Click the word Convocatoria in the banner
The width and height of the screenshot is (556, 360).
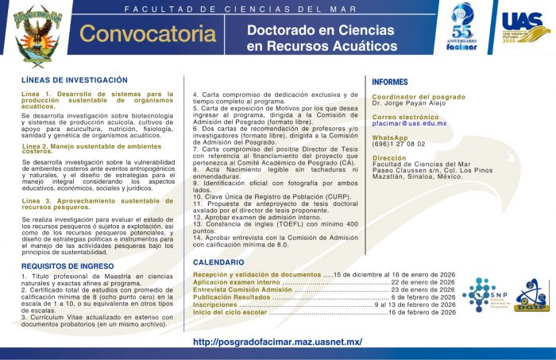[141, 35]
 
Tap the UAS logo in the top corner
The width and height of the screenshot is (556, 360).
[525, 31]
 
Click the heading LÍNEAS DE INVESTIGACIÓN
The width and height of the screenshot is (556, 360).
[75, 81]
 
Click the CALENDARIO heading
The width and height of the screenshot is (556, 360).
[218, 262]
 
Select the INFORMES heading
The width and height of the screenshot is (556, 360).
[391, 82]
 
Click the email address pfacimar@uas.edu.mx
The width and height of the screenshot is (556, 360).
[409, 123]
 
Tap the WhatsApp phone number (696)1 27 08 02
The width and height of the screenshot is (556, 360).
[399, 144]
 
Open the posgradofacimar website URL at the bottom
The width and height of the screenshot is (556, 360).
[277, 342]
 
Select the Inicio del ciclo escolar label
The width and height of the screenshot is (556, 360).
[230, 312]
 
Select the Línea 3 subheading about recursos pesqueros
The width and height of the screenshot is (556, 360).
[97, 203]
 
